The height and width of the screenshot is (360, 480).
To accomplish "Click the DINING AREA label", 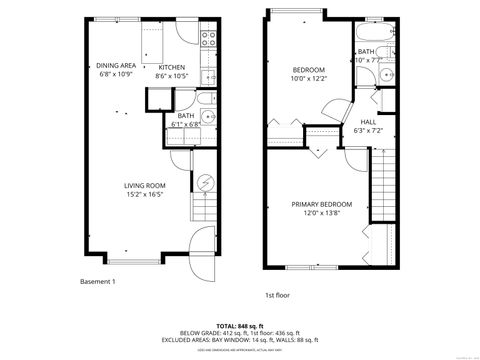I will point(116,67).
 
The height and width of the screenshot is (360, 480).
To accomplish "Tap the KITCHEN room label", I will point(172,67).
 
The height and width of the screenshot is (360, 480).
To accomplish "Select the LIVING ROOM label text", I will point(144,186).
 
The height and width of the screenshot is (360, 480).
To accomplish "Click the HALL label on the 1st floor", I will point(368,123).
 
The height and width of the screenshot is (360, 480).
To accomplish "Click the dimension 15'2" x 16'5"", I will point(144,195).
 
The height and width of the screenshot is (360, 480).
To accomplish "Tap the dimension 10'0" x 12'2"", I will point(307,78).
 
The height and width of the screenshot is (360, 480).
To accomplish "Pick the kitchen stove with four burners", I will point(209,40).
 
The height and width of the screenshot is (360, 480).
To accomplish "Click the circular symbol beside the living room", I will point(206,182).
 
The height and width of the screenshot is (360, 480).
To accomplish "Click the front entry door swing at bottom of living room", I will point(200,239).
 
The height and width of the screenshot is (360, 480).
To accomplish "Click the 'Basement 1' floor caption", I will point(98,282).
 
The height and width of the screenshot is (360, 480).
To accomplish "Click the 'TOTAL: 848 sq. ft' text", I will point(240,326).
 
